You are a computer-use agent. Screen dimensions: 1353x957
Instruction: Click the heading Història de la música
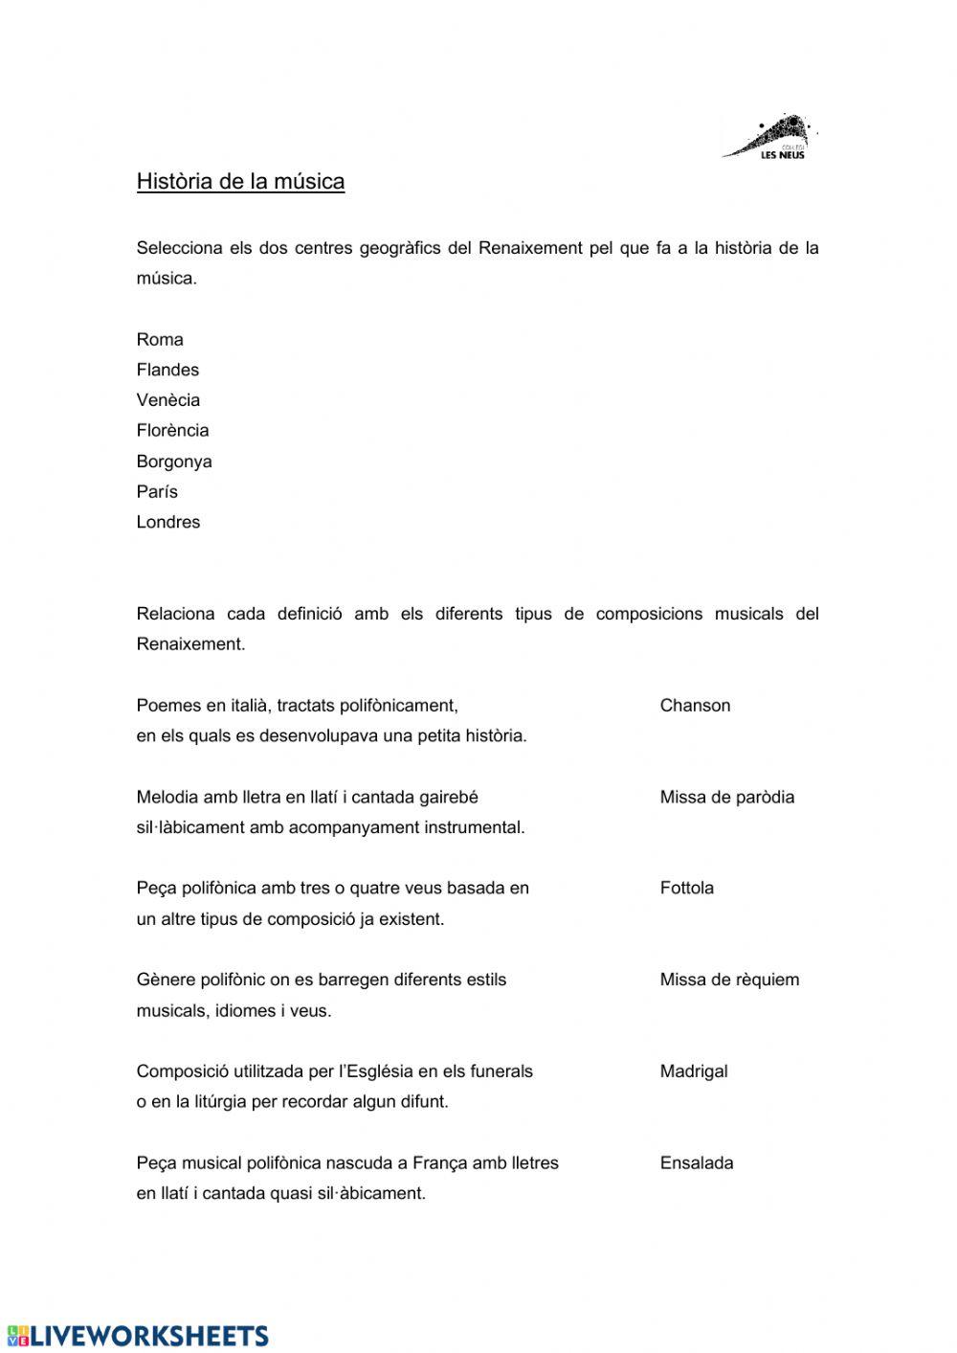[x=240, y=181]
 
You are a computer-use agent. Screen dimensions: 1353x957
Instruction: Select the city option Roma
[x=160, y=339]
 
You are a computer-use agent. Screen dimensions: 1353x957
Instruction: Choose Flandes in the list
[x=167, y=370]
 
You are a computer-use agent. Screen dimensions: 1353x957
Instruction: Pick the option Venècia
[x=167, y=400]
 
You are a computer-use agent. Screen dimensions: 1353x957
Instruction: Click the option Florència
[x=172, y=431]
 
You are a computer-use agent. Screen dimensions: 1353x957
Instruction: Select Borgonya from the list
[x=174, y=462]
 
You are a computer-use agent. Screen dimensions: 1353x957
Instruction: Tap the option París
[x=157, y=492]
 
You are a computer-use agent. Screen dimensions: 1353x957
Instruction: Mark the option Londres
[x=167, y=522]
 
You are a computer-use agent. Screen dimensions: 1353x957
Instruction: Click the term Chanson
[x=695, y=706]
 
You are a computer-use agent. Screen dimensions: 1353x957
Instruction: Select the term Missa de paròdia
[x=726, y=797]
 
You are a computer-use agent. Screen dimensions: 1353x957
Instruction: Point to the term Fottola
[x=686, y=888]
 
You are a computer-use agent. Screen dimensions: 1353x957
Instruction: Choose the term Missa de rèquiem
[x=729, y=980]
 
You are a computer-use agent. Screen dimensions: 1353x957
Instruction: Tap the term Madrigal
[x=693, y=1071]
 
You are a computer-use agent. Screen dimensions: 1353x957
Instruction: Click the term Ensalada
[x=696, y=1163]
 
